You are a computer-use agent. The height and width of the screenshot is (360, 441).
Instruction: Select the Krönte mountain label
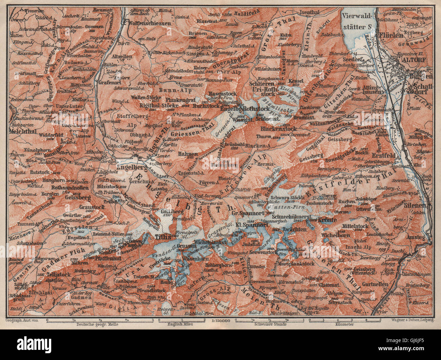click(x=327, y=220)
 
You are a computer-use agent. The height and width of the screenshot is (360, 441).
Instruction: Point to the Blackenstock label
click(x=279, y=129)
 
